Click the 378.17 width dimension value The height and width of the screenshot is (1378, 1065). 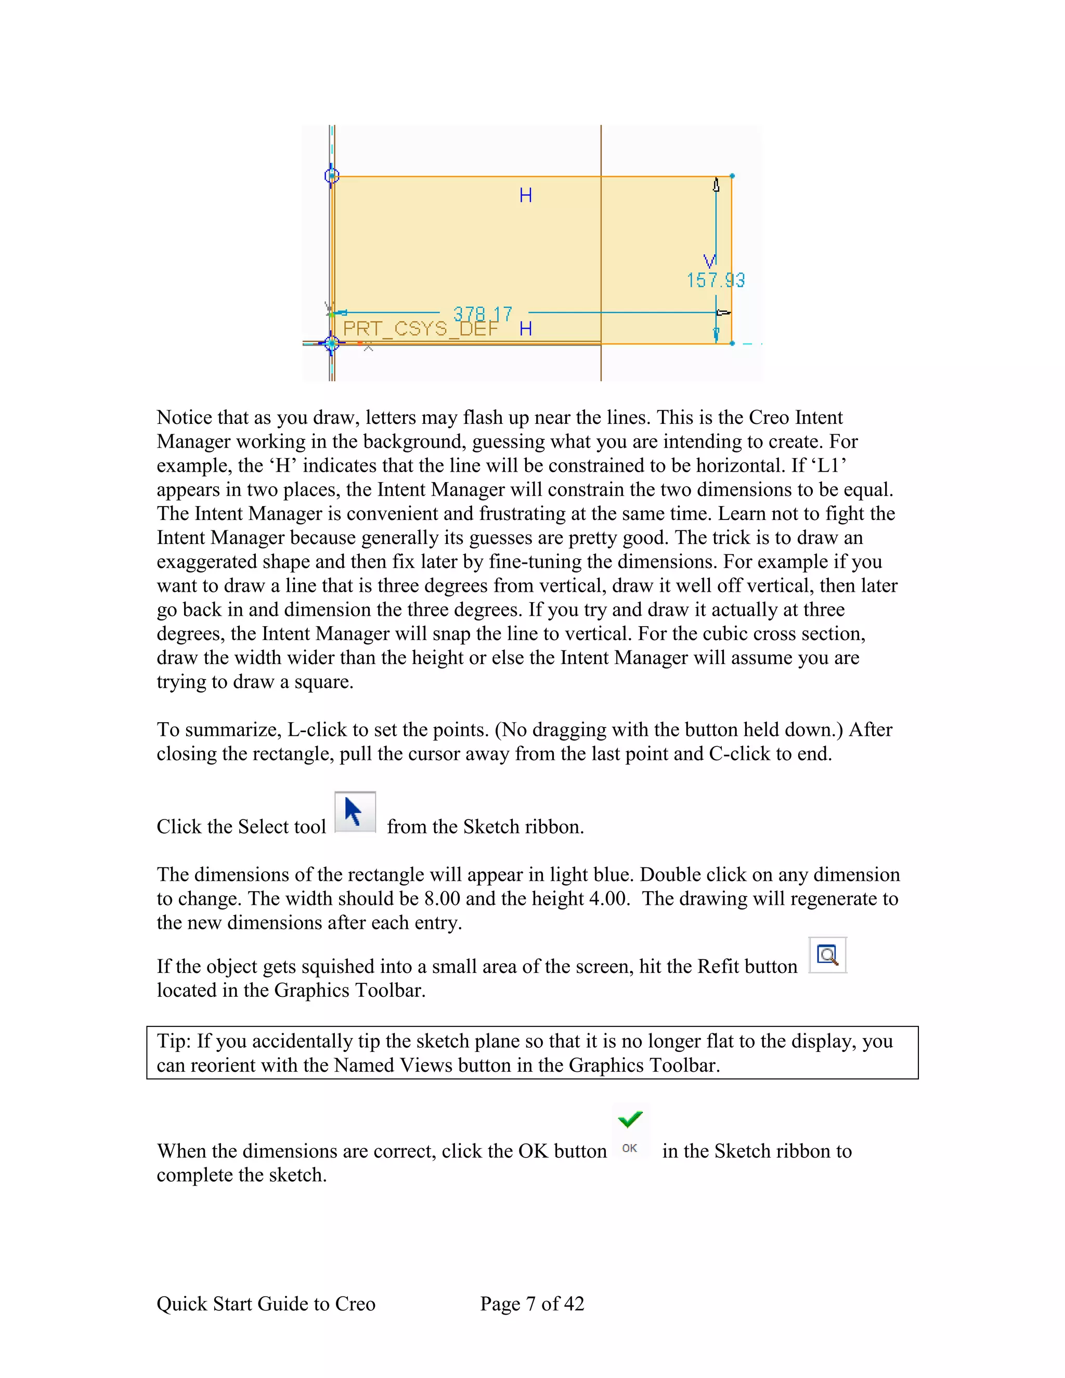coord(483,314)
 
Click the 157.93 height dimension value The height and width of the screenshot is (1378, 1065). coord(716,280)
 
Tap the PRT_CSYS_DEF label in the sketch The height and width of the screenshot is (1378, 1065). coord(420,329)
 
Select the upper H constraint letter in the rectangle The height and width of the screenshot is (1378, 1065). coord(526,196)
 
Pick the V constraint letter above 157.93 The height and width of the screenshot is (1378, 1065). coord(710,261)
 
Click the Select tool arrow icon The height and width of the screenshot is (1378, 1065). coord(355,812)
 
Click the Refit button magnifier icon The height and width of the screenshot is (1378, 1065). coord(827,955)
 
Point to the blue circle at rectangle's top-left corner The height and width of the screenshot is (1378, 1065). coord(332,175)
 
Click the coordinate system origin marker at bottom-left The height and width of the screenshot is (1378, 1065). coord(332,343)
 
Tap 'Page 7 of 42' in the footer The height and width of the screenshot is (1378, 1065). coord(532,1304)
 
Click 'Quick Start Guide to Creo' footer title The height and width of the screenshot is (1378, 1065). coord(266,1304)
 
